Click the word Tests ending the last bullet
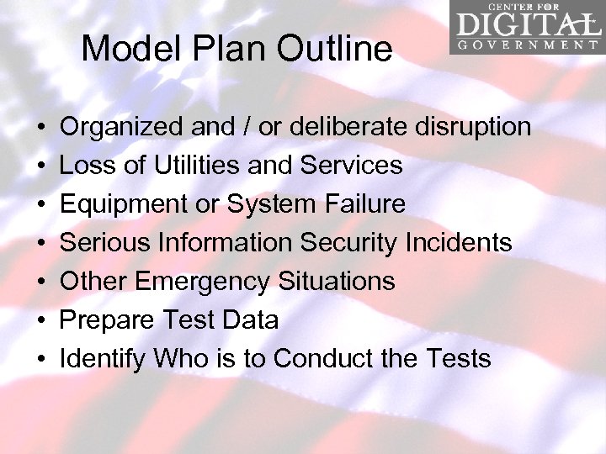(458, 359)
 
